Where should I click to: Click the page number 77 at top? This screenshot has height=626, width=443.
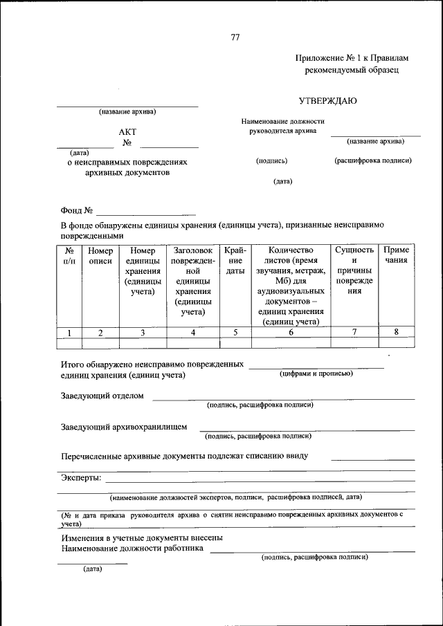pos(235,38)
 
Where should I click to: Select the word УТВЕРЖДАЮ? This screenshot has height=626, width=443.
pos(328,101)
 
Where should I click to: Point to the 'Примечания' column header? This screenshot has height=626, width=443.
pos(397,255)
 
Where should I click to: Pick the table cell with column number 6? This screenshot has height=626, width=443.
pos(291,333)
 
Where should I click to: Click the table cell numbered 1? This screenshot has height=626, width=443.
pos(70,333)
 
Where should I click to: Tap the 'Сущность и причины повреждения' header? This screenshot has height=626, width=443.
pos(354,270)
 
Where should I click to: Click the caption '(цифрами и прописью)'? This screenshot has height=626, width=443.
pos(316,374)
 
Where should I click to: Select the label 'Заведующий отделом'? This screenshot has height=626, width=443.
pos(102,396)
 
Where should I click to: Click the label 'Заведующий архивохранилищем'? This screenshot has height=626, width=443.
pos(124,427)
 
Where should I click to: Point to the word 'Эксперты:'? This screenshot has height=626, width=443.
pos(81,478)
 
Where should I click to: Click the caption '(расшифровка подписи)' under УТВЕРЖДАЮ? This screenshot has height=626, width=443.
pos(373,160)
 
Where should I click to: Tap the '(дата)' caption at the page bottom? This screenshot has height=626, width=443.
pos(92,569)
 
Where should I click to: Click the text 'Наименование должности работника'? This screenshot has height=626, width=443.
pos(132,549)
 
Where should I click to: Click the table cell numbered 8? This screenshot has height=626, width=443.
pos(397,333)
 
